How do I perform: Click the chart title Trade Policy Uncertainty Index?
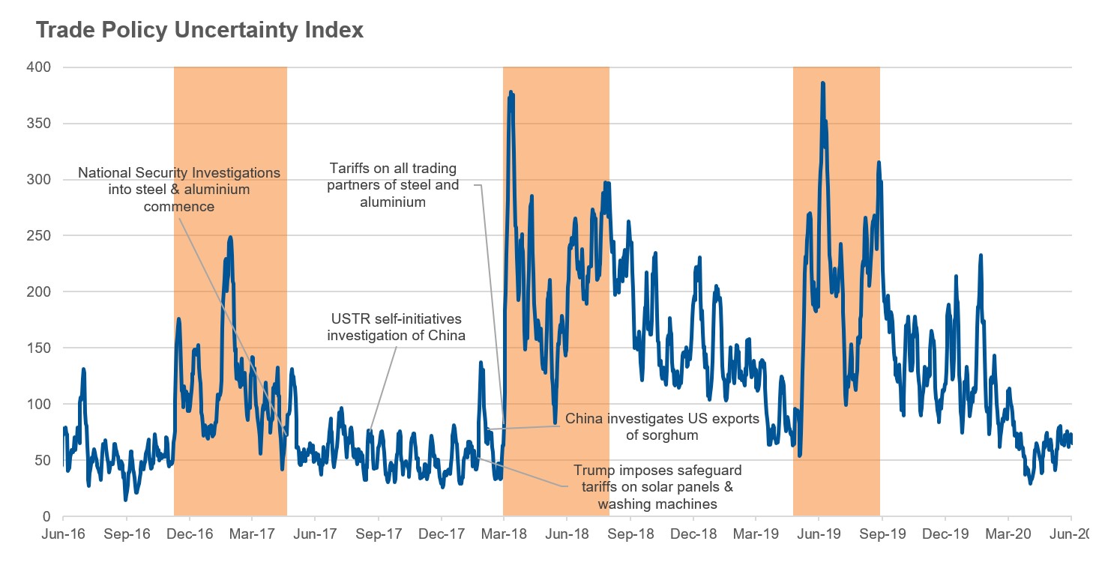[x=199, y=30]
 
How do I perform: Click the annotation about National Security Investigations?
[x=179, y=189]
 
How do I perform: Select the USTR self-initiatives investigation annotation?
[x=397, y=327]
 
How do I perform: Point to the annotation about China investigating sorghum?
[x=662, y=426]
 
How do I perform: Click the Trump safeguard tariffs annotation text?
[x=657, y=487]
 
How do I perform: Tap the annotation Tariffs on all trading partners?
[x=391, y=185]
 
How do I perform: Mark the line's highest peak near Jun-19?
[x=822, y=83]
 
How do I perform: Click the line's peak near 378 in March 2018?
[x=511, y=92]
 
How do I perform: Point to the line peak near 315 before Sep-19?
[x=879, y=162]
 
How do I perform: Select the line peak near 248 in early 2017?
[x=230, y=238]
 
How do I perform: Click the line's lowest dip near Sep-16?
[x=125, y=500]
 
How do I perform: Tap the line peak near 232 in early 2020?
[x=980, y=256]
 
